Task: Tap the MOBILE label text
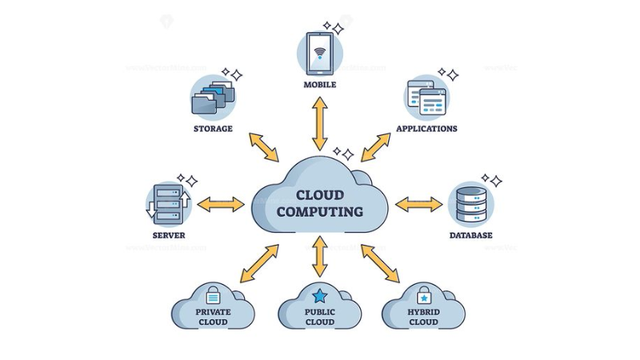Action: click(x=320, y=85)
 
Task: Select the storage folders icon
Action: click(x=214, y=98)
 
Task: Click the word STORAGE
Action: click(x=213, y=129)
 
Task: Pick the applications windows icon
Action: click(x=426, y=98)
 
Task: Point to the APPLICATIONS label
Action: click(x=426, y=129)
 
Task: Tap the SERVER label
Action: click(x=169, y=235)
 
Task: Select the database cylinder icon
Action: click(x=470, y=204)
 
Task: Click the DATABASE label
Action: click(x=470, y=235)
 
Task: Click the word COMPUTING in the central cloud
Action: click(x=319, y=212)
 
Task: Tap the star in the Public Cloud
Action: click(x=320, y=296)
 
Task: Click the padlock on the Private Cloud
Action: click(x=213, y=295)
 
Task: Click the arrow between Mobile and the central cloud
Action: click(x=320, y=123)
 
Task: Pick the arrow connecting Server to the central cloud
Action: click(x=221, y=204)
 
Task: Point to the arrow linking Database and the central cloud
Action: click(x=418, y=204)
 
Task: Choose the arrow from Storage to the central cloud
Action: click(x=264, y=148)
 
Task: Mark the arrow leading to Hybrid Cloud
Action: click(x=379, y=263)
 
